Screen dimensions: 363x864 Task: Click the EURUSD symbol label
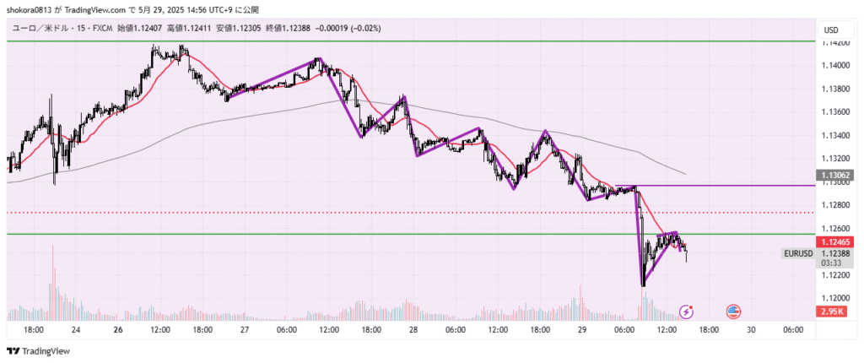click(x=797, y=252)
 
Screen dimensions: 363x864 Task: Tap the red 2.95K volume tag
click(x=833, y=312)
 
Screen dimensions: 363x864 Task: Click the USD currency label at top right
click(x=831, y=30)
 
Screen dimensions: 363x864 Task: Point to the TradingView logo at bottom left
click(x=39, y=351)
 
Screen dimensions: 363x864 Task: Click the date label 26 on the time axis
click(x=117, y=330)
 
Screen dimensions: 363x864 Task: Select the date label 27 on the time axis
click(x=245, y=330)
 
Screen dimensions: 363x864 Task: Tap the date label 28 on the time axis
click(x=413, y=330)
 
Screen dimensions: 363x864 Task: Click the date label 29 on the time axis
click(x=582, y=330)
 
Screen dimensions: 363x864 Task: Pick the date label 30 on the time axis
click(x=751, y=330)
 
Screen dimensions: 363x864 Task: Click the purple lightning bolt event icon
click(x=687, y=312)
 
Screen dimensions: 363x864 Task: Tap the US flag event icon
click(x=734, y=312)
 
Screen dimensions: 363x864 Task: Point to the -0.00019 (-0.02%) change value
click(x=348, y=28)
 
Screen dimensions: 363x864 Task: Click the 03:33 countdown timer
click(x=832, y=263)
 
